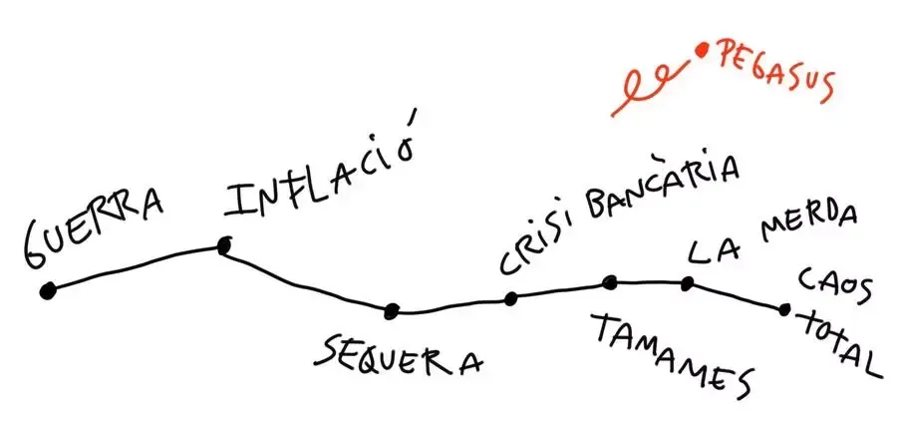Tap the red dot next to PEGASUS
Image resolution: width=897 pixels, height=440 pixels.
(703, 48)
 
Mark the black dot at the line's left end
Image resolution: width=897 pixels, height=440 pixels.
(47, 291)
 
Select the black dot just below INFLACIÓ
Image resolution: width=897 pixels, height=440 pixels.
(224, 243)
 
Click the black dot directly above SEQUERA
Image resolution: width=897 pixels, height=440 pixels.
(392, 310)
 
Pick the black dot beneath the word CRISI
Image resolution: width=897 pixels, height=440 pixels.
(510, 297)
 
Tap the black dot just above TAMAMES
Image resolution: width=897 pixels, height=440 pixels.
(610, 282)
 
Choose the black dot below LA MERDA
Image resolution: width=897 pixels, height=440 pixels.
(688, 283)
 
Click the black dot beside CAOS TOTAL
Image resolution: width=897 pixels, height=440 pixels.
(784, 309)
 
